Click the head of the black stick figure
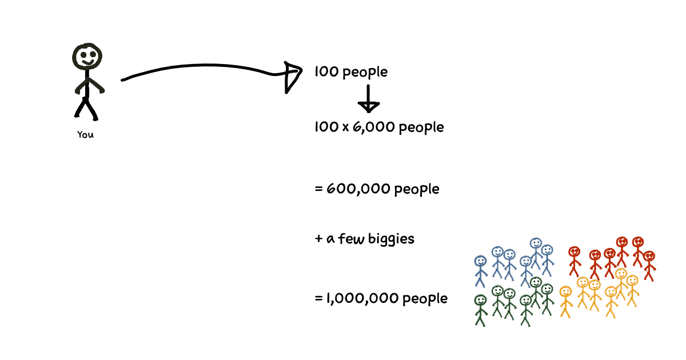[x=87, y=57]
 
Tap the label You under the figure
[x=85, y=135]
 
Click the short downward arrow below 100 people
[x=368, y=98]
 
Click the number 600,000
[x=358, y=189]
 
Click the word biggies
[x=391, y=239]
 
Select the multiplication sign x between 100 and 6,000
[x=345, y=127]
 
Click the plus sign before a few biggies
[x=319, y=239]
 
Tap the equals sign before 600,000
[x=319, y=189]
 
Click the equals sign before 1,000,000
[x=319, y=298]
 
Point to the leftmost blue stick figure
[x=481, y=271]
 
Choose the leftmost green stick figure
[x=481, y=310]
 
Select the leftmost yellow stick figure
[x=566, y=302]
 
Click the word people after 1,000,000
[x=425, y=299]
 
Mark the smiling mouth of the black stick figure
[x=88, y=62]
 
